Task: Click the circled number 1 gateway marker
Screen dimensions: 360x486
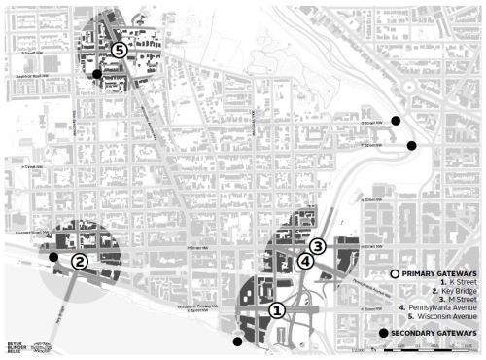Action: coord(276,310)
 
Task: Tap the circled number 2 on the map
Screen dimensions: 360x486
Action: coord(80,261)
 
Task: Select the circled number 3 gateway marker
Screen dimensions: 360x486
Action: coord(317,246)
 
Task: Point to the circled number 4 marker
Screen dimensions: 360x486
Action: coord(305,261)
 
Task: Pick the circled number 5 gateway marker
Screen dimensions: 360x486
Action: coord(119,49)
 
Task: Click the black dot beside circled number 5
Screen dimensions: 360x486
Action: coord(96,74)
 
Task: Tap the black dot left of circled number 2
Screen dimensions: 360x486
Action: coord(53,258)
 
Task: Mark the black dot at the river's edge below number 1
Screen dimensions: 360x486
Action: coord(237,342)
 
